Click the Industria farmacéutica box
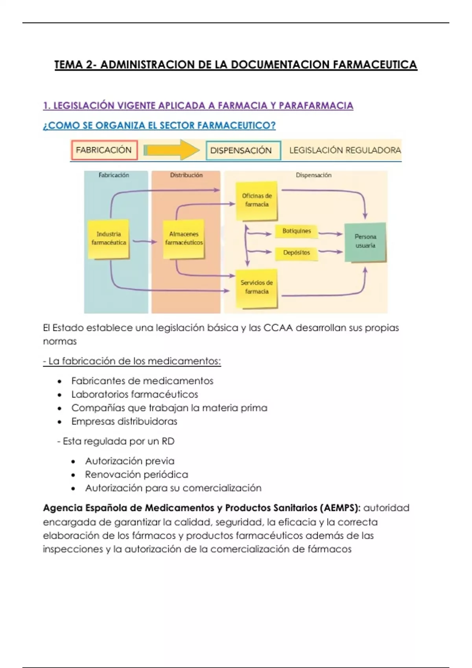click(x=109, y=239)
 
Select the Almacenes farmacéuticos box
click(x=184, y=239)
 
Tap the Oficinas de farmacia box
click(x=257, y=200)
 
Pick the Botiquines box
click(x=297, y=231)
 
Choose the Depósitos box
click(x=297, y=253)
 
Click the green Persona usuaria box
click(x=365, y=241)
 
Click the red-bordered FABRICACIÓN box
click(x=104, y=150)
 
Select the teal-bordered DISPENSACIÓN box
click(x=243, y=150)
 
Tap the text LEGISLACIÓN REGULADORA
click(x=345, y=150)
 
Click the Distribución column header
click(x=186, y=175)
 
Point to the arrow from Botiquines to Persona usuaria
click(x=330, y=234)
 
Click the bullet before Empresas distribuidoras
click(x=59, y=422)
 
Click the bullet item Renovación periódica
click(x=136, y=475)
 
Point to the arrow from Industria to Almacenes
click(x=144, y=242)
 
